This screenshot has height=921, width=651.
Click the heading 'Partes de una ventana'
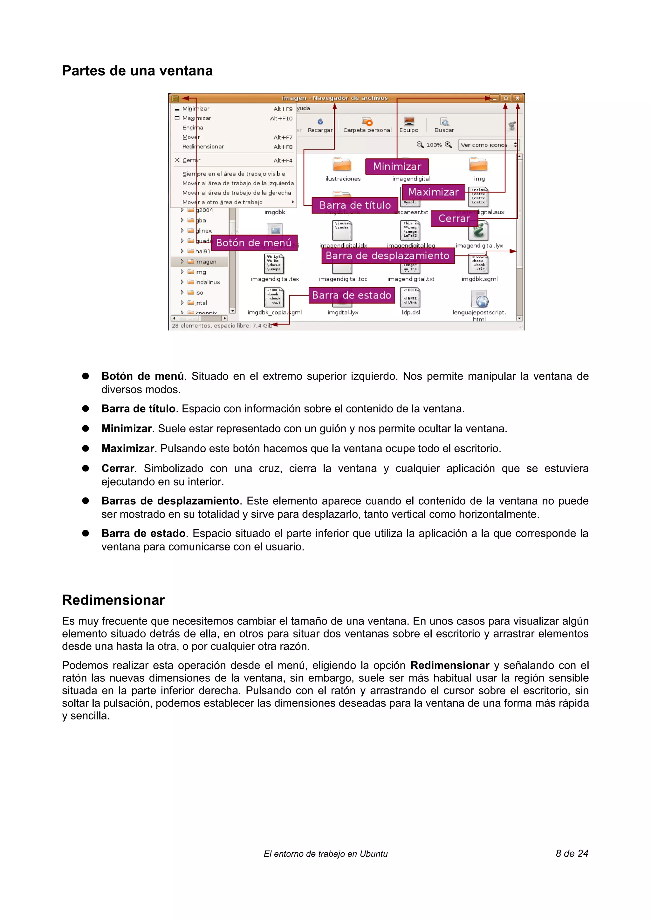pyautogui.click(x=137, y=71)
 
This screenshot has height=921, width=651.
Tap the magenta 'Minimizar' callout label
pyautogui.click(x=397, y=167)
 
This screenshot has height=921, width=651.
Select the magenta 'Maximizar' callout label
pyautogui.click(x=433, y=192)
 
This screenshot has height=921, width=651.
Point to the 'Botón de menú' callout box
pyautogui.click(x=254, y=243)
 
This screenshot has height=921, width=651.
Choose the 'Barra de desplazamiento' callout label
pyautogui.click(x=387, y=256)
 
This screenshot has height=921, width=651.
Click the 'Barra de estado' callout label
pyautogui.click(x=351, y=295)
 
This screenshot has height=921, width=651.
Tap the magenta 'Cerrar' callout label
pyautogui.click(x=454, y=219)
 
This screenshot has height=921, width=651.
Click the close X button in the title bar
pyautogui.click(x=517, y=98)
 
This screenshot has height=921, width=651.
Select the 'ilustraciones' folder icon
pyautogui.click(x=342, y=165)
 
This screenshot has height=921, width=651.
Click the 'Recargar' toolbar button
pyautogui.click(x=320, y=125)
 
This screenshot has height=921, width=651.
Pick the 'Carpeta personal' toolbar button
pyautogui.click(x=367, y=125)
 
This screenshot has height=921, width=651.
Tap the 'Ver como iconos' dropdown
pyautogui.click(x=489, y=145)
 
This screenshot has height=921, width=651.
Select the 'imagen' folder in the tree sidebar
pyautogui.click(x=205, y=262)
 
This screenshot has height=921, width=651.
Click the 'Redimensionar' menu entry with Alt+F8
pyautogui.click(x=203, y=147)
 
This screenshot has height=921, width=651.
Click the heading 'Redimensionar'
pyautogui.click(x=113, y=600)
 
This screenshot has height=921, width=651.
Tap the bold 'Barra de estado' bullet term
pyautogui.click(x=143, y=534)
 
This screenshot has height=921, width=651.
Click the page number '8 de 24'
pyautogui.click(x=572, y=854)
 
